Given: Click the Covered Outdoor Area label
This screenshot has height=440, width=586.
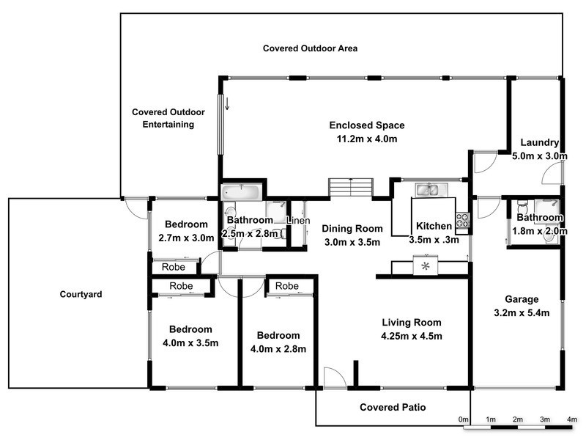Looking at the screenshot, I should (x=310, y=48).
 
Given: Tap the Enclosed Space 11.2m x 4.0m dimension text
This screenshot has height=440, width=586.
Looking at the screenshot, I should (x=366, y=139).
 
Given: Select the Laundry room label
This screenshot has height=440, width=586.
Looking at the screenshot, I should (x=540, y=142).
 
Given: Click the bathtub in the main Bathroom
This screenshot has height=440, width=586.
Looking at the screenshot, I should (x=240, y=193).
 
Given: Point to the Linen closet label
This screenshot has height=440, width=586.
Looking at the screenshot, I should (x=297, y=221).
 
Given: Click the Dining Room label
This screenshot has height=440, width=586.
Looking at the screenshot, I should (x=354, y=228).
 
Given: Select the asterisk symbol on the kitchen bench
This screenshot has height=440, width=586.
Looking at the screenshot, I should (x=425, y=266).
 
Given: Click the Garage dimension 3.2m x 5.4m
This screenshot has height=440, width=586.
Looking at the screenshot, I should (x=522, y=312).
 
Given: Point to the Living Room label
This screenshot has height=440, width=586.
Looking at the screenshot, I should (x=412, y=322).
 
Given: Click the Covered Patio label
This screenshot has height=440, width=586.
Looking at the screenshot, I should (x=393, y=407).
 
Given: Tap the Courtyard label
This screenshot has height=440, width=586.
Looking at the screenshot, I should (x=80, y=295).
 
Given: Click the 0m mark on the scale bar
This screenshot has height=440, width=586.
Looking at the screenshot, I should (x=464, y=419).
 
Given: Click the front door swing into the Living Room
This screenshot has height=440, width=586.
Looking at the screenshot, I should (x=334, y=378).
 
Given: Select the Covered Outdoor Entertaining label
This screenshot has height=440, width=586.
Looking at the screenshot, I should (x=168, y=118).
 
